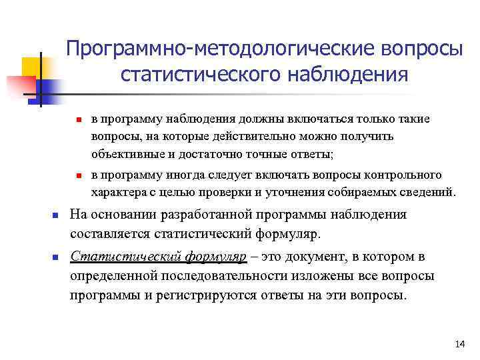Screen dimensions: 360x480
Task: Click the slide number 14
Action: [x=459, y=344]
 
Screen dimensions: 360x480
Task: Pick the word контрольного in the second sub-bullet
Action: [x=403, y=175]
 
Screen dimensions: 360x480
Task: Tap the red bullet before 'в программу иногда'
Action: [x=78, y=176]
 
